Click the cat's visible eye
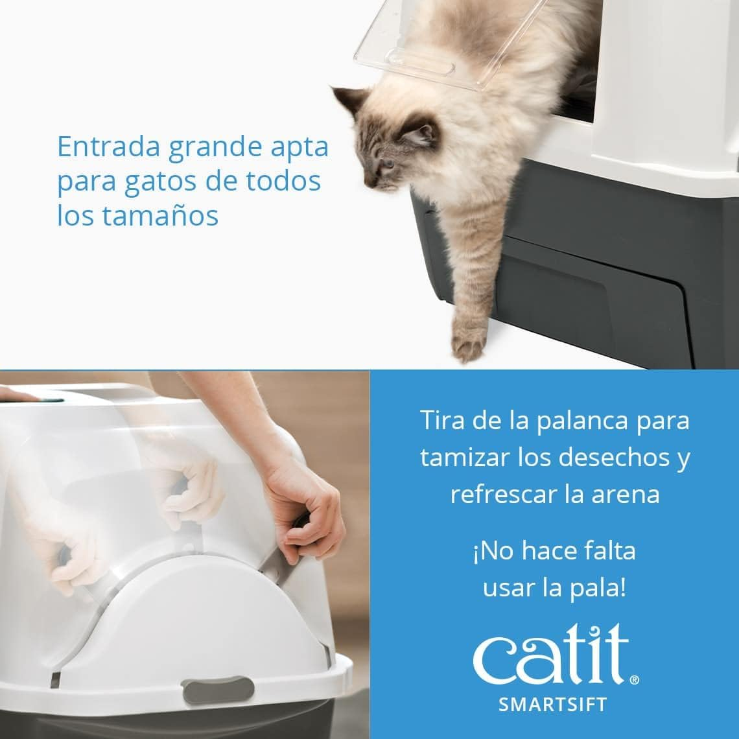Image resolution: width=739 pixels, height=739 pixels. click(x=388, y=163)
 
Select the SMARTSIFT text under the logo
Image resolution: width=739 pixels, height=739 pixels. click(x=552, y=705)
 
